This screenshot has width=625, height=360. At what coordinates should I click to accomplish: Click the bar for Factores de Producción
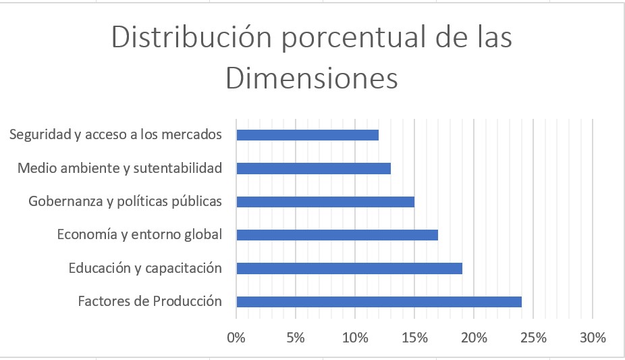point(379,302)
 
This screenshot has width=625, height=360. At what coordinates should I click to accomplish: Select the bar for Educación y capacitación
point(349,269)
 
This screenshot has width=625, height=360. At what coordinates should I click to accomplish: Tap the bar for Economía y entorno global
point(337,235)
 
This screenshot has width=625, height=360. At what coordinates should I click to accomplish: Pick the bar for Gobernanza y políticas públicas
point(325,202)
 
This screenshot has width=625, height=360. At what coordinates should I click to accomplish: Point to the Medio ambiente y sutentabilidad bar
point(313,168)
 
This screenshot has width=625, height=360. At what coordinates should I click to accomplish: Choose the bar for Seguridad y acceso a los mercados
point(307,135)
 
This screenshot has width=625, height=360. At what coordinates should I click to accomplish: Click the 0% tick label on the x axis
point(236,337)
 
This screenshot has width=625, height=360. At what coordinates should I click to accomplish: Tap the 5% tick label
point(296,337)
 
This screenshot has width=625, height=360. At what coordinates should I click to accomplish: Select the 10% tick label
point(355,337)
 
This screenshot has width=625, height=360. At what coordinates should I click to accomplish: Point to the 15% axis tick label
point(414,337)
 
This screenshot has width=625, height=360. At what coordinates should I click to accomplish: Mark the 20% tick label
point(474,337)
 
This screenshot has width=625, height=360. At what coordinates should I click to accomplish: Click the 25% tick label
point(533,337)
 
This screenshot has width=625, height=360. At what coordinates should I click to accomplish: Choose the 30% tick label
point(593,337)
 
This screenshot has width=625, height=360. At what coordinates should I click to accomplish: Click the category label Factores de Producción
point(150,301)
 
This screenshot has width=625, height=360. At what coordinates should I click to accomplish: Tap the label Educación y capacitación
point(145,268)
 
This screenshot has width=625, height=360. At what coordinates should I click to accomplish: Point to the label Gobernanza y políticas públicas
point(126,201)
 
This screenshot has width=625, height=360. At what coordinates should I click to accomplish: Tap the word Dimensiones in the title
point(312,78)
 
